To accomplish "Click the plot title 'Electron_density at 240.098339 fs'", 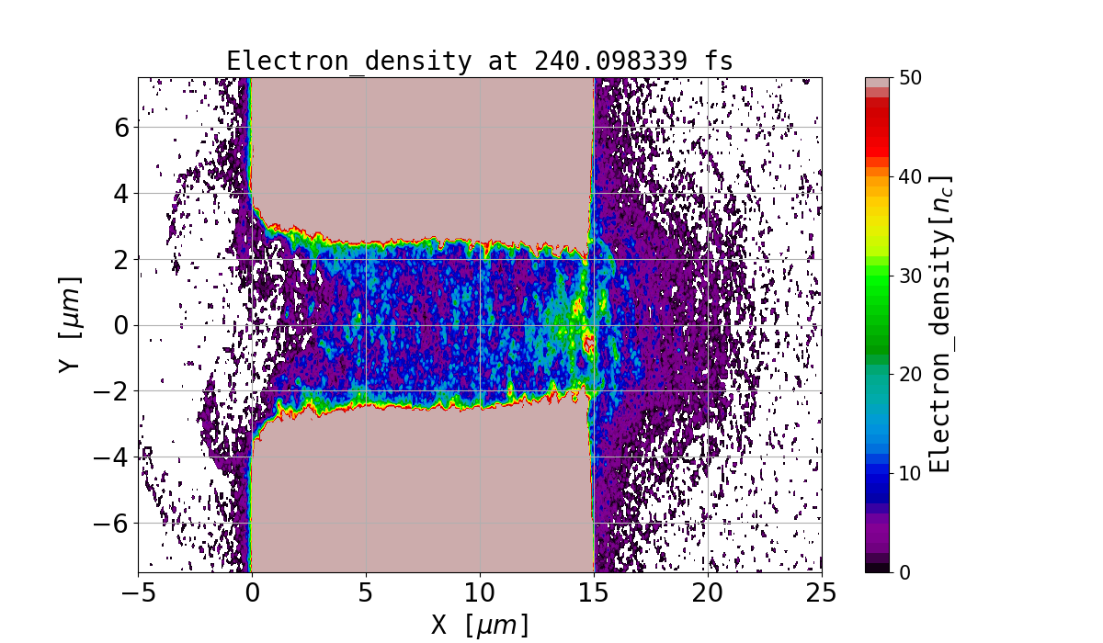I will click(479, 61).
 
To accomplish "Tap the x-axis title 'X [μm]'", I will click(479, 625).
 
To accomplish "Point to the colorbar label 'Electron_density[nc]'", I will click(939, 323).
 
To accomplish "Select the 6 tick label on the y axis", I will click(121, 127).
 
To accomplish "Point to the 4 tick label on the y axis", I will click(121, 193).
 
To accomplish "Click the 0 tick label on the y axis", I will click(121, 325).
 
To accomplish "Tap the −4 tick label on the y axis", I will click(112, 457).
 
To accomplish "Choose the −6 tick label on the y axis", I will click(112, 524).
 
